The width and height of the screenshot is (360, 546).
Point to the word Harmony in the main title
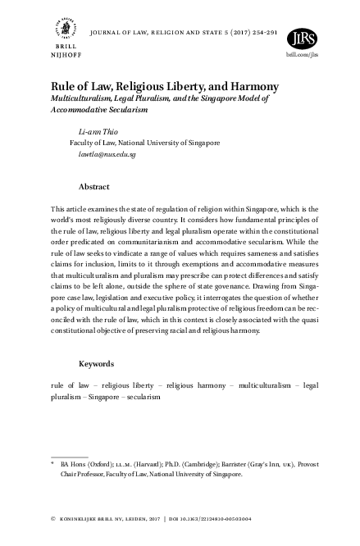(x=253, y=86)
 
